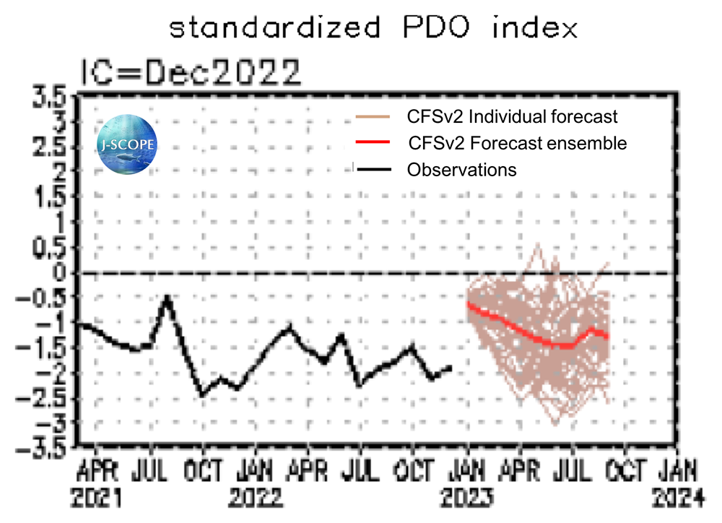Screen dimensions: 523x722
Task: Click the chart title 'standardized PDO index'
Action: pyautogui.click(x=373, y=29)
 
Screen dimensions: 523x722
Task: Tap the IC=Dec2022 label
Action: pyautogui.click(x=190, y=72)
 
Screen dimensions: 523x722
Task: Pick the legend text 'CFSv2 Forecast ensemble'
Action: pyautogui.click(x=517, y=143)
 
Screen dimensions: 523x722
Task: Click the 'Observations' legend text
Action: pyautogui.click(x=462, y=170)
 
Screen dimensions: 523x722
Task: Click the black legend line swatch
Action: pyautogui.click(x=372, y=170)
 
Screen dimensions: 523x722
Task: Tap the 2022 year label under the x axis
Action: pyautogui.click(x=257, y=498)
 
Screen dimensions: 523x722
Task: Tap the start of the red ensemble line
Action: pyautogui.click(x=469, y=304)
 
